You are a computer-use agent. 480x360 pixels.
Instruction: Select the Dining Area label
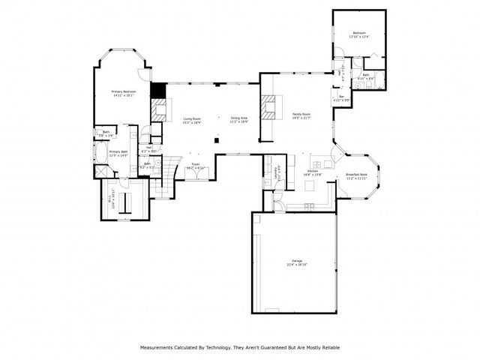click(239, 118)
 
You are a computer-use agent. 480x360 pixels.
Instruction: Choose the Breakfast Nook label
click(355, 175)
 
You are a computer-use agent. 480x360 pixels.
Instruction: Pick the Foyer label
click(195, 164)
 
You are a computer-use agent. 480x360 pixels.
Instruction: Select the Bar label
click(341, 96)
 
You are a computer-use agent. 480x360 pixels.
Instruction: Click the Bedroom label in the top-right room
click(359, 33)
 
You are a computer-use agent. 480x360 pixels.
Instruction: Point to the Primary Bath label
click(118, 152)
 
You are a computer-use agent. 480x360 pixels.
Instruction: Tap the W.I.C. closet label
click(113, 200)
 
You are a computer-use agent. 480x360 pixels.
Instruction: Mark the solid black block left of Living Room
click(157, 91)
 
